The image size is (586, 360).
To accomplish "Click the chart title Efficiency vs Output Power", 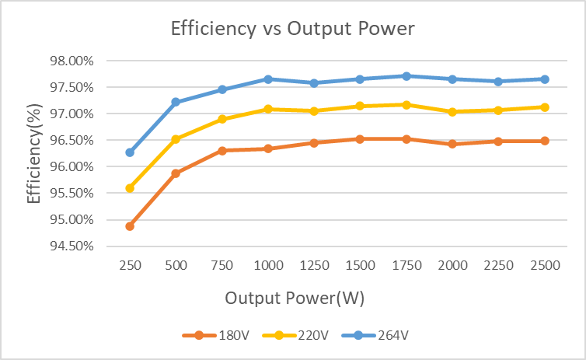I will pyautogui.click(x=293, y=30).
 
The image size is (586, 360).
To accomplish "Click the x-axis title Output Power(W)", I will pyautogui.click(x=295, y=298).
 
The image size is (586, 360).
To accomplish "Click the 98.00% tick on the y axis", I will pyautogui.click(x=72, y=61).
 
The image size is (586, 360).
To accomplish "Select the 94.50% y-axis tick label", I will pyautogui.click(x=72, y=246).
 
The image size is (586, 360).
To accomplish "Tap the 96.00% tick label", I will pyautogui.click(x=72, y=166).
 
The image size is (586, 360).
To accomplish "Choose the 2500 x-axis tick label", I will pyautogui.click(x=545, y=265).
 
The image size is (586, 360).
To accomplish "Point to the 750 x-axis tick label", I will pyautogui.click(x=222, y=265).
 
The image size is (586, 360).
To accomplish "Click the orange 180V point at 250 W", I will pyautogui.click(x=130, y=226).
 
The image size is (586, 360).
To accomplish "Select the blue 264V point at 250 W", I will pyautogui.click(x=130, y=152).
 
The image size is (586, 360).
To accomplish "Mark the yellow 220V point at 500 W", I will pyautogui.click(x=176, y=139).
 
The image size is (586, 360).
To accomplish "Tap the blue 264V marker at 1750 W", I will pyautogui.click(x=406, y=76).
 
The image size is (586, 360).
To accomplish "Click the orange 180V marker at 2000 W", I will pyautogui.click(x=452, y=144).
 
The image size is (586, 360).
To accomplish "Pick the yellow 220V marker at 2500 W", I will pyautogui.click(x=545, y=107).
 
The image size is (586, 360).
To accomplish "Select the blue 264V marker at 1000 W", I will pyautogui.click(x=268, y=79).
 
